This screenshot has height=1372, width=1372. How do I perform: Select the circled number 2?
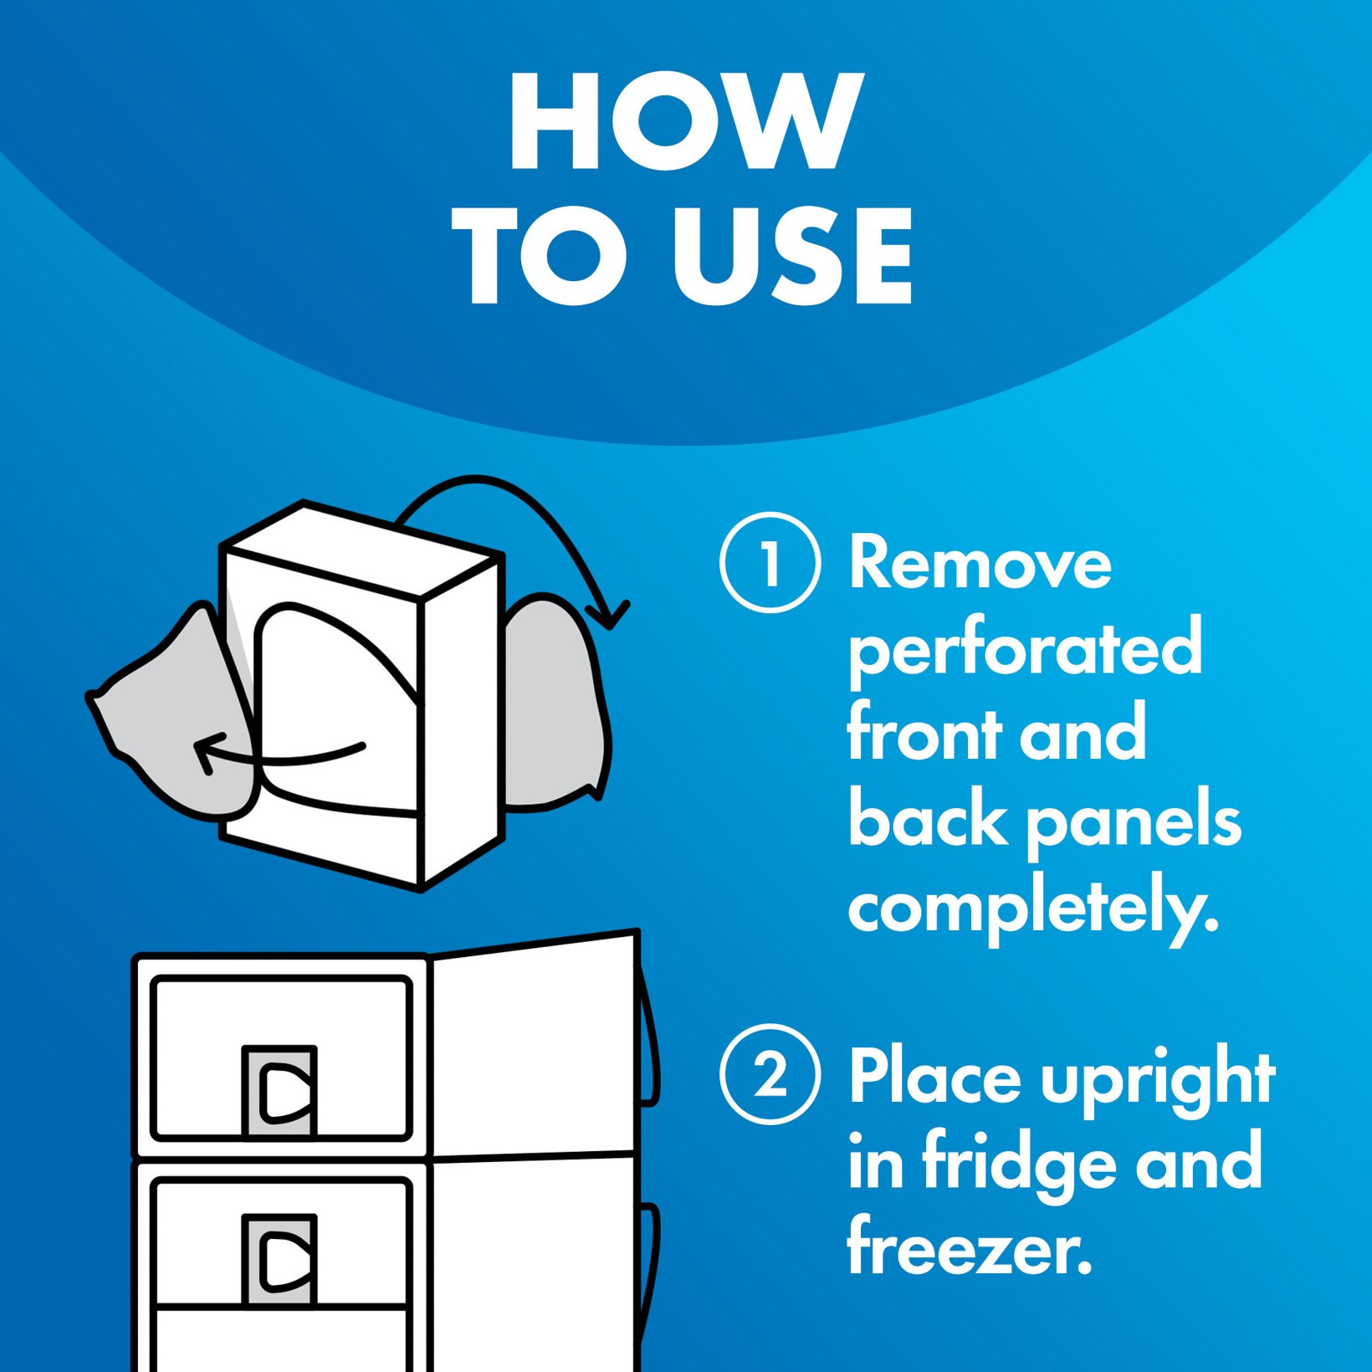point(770,1074)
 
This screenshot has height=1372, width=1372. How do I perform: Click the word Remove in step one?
point(980,564)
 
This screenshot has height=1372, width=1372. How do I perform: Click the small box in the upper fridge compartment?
point(279,1091)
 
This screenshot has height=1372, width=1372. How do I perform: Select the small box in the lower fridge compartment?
point(279,1259)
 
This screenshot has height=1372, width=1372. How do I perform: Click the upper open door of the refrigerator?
point(535,1046)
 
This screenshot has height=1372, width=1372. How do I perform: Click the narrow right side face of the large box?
point(462,719)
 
